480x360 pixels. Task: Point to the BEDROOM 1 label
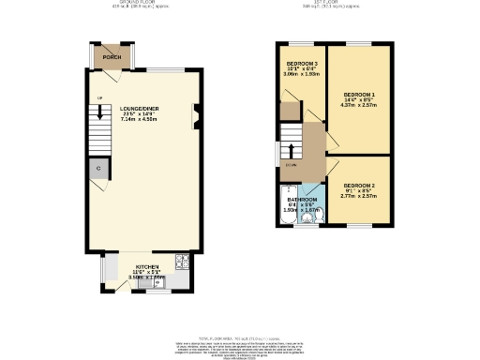[359, 95]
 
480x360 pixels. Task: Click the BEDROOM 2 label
[359, 186]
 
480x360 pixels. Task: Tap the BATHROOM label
[303, 200]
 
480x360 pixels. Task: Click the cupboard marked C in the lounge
[98, 169]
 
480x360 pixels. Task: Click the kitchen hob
[183, 261]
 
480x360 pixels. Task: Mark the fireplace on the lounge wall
[195, 117]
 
